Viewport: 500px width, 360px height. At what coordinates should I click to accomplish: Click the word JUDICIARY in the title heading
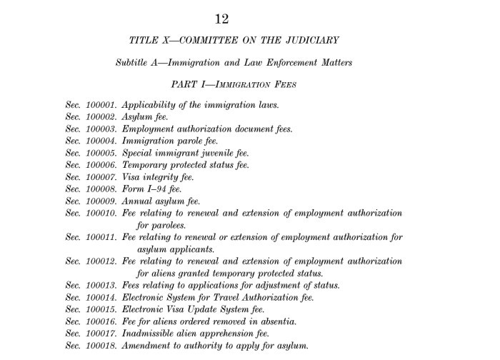[313, 41]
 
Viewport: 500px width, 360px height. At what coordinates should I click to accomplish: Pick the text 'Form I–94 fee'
[151, 189]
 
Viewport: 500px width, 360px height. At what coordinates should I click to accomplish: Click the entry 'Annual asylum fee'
[161, 201]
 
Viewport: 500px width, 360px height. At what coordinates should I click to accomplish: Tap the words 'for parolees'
[161, 225]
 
